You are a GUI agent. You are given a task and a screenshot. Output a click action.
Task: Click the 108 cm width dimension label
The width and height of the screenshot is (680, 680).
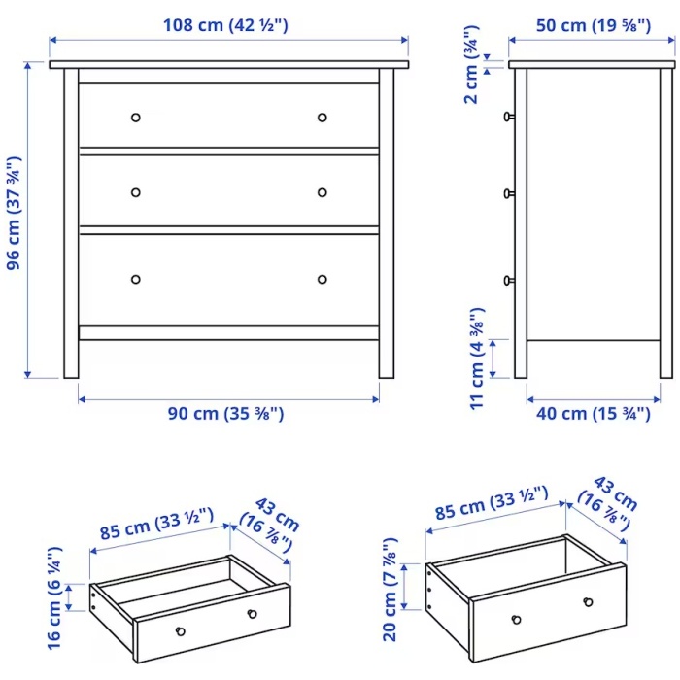click(x=225, y=25)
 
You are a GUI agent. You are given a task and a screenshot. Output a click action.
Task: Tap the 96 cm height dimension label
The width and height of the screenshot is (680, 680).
click(x=14, y=214)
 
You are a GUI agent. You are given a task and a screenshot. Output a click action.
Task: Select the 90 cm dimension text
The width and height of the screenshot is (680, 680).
click(x=225, y=413)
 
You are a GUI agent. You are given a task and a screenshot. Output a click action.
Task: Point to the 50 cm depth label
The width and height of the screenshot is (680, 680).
click(x=594, y=25)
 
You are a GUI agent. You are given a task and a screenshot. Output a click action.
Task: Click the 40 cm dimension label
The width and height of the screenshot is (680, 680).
click(x=594, y=413)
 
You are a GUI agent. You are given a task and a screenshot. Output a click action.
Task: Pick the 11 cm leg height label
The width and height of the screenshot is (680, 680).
click(x=477, y=358)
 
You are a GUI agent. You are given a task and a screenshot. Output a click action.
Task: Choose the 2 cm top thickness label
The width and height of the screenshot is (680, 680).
click(x=471, y=65)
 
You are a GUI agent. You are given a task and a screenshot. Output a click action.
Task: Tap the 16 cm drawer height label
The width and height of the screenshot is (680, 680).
click(x=54, y=598)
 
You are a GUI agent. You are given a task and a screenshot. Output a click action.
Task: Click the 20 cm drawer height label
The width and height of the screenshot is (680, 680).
click(x=390, y=590)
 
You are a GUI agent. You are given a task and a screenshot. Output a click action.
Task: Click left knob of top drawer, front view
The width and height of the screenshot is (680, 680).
click(x=136, y=118)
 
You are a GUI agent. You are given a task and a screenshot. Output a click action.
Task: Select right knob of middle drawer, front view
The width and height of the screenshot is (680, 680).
click(x=323, y=192)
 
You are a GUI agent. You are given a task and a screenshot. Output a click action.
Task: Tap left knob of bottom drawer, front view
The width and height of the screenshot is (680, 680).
click(x=136, y=280)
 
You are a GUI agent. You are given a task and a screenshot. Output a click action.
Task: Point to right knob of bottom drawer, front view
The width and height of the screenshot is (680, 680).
click(x=323, y=280)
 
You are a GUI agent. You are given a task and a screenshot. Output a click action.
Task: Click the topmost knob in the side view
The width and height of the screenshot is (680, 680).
click(x=509, y=117)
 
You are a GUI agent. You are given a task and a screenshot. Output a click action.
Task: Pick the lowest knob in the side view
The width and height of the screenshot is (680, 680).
click(x=509, y=281)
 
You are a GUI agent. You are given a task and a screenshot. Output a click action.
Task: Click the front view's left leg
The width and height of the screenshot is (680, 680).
click(x=71, y=223)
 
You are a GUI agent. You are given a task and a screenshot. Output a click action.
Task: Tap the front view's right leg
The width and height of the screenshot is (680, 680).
click(x=387, y=223)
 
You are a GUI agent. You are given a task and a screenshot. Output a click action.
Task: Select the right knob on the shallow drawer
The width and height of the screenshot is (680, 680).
click(x=252, y=614)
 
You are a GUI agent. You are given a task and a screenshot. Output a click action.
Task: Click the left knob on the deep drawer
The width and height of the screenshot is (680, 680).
click(x=516, y=620)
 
